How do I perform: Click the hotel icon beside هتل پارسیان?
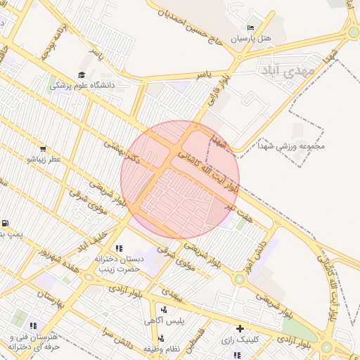251,27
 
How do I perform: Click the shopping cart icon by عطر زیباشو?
43,149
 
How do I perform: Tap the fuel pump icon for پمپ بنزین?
6,223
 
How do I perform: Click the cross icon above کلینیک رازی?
240,328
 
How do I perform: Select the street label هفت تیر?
238,205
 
